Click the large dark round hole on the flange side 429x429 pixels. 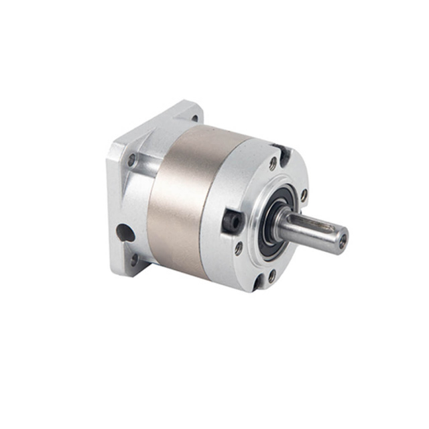click(125, 233)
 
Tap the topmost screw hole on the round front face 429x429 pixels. click(273, 163)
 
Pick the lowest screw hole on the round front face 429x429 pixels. click(271, 274)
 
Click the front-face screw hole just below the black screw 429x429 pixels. click(239, 248)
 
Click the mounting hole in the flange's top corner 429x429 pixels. click(194, 115)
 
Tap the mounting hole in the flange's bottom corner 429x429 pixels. click(135, 259)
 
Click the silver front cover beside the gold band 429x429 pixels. click(228, 181)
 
